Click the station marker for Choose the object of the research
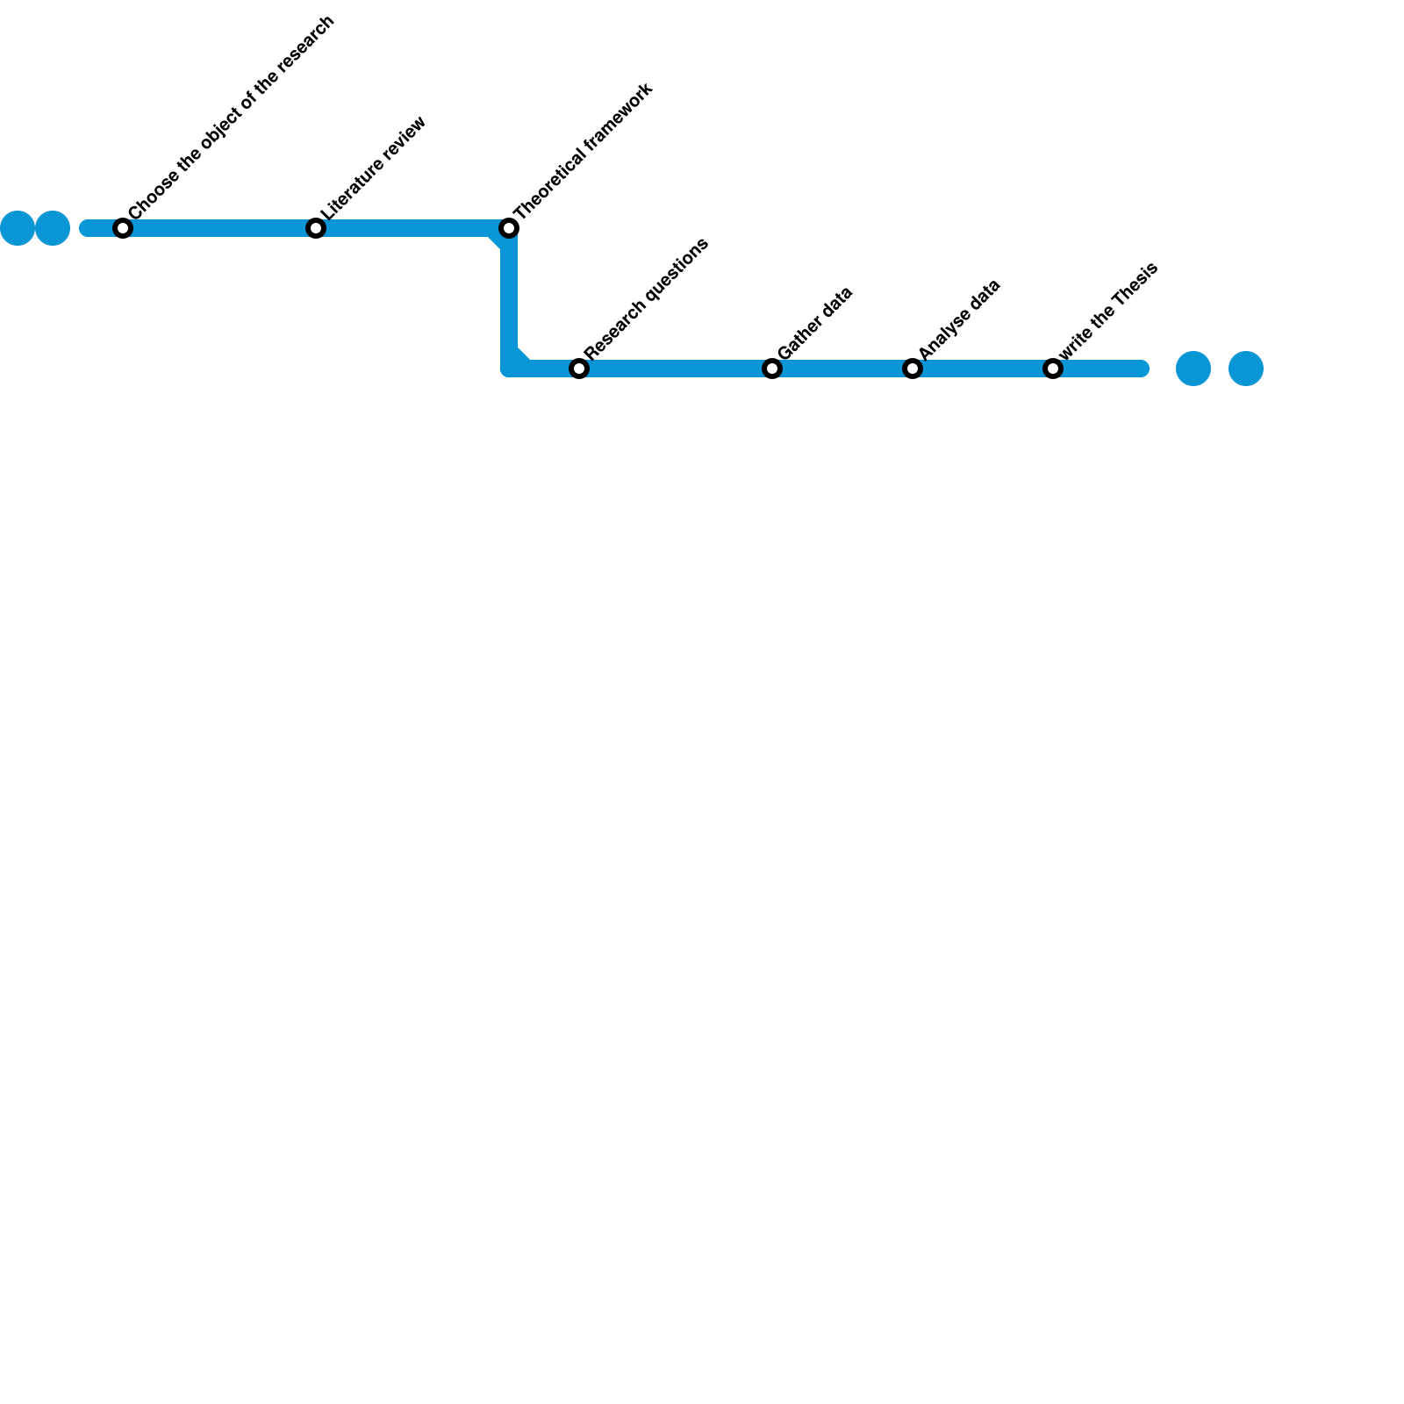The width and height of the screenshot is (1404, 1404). pyautogui.click(x=123, y=228)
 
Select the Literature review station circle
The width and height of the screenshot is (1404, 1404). pyautogui.click(x=316, y=228)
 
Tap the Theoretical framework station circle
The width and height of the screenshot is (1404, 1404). pyautogui.click(x=509, y=228)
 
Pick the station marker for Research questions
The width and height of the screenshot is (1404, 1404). pyautogui.click(x=579, y=369)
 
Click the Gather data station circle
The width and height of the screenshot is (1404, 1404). pyautogui.click(x=772, y=369)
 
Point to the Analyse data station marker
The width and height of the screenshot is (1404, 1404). pyautogui.click(x=913, y=369)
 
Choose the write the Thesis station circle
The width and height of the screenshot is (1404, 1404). pyautogui.click(x=1053, y=369)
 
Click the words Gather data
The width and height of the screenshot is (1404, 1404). pyautogui.click(x=815, y=323)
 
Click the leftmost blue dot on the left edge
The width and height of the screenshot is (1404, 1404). pyautogui.click(x=18, y=228)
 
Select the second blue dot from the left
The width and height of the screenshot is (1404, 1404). pyautogui.click(x=53, y=228)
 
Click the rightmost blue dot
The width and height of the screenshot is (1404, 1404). pyautogui.click(x=1246, y=369)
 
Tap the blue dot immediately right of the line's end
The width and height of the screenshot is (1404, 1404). pyautogui.click(x=1193, y=369)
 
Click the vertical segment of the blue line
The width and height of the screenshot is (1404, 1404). pyautogui.click(x=509, y=298)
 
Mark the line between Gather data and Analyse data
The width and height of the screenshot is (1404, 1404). pyautogui.click(x=842, y=369)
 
